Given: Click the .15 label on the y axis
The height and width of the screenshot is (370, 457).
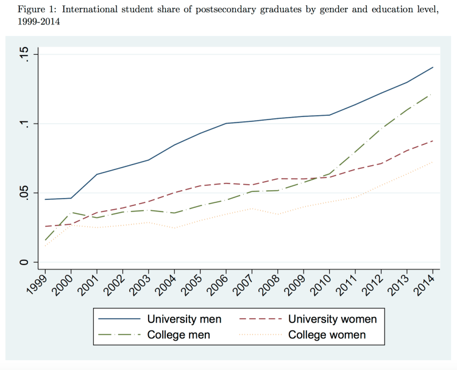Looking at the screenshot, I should coord(24,55).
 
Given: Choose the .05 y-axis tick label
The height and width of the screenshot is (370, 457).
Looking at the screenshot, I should coord(24,193).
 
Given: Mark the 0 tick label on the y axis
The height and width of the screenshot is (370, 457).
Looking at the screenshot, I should coord(24,262).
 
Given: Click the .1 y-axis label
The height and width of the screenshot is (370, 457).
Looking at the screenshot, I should coord(24,124).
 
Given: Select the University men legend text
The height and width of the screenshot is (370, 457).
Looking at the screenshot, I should coord(185,319).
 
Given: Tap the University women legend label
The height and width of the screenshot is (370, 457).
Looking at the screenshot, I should coord(333,319).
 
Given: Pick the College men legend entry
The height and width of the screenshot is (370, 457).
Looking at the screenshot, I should coord(179,335).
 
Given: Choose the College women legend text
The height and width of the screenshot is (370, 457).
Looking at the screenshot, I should coord(327,335).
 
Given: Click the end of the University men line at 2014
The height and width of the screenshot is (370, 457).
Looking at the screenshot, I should coord(433,67).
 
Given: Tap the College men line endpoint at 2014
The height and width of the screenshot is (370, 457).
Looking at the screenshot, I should coord(433,94).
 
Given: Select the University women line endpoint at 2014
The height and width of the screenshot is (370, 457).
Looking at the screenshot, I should coord(433,141).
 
